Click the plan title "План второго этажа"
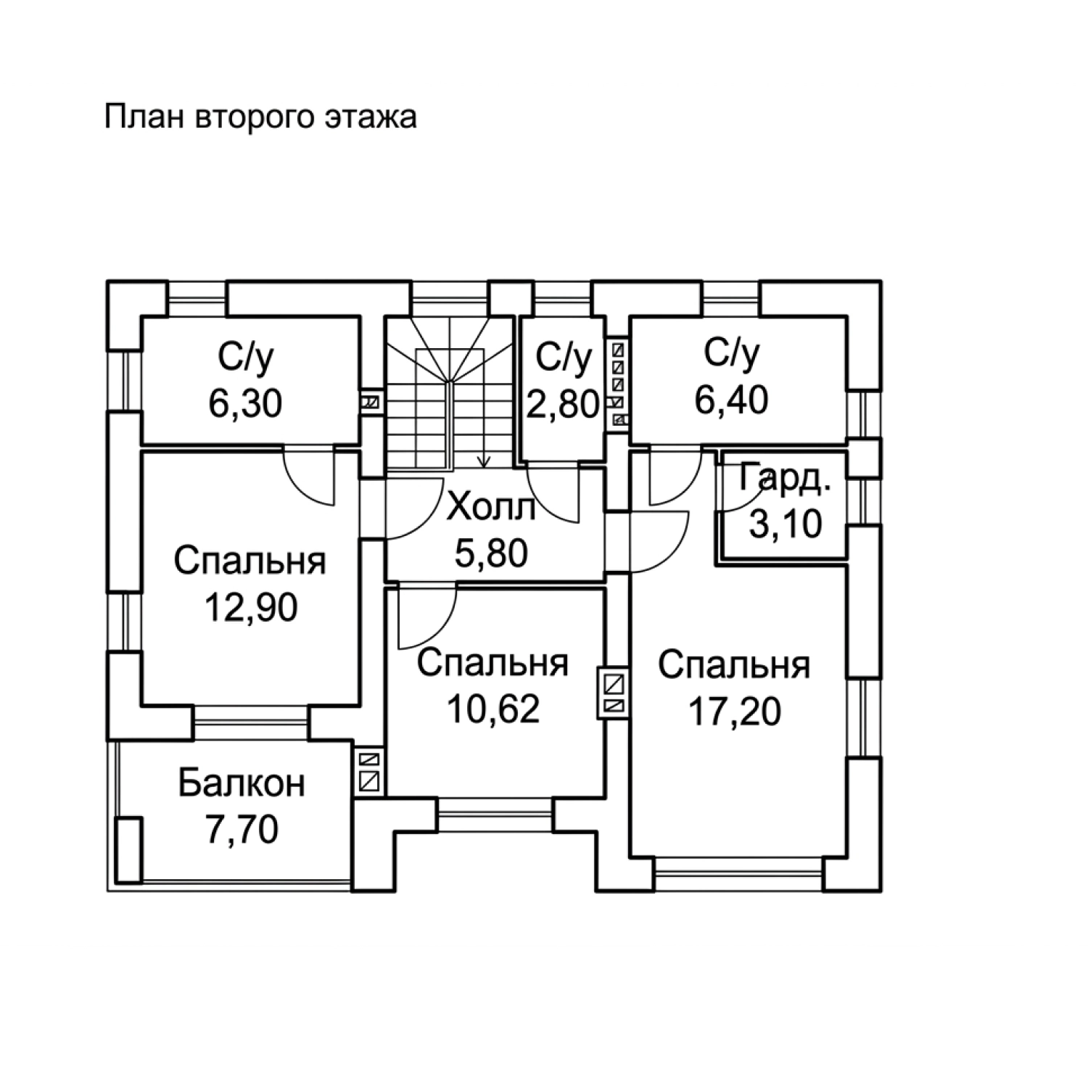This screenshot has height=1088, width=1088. (260, 116)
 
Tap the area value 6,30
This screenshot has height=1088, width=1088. (245, 403)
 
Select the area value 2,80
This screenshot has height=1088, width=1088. (563, 404)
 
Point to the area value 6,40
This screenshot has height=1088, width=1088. (731, 400)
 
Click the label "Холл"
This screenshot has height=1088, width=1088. (491, 507)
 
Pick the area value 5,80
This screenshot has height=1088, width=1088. (491, 553)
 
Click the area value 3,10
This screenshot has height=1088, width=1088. (786, 524)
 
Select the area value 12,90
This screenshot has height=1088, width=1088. (250, 607)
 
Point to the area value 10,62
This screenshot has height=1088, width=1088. (493, 709)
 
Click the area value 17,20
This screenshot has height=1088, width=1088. (735, 712)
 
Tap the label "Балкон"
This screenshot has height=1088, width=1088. (242, 783)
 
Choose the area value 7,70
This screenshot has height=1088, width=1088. (242, 830)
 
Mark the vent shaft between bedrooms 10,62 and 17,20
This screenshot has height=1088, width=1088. (614, 693)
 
